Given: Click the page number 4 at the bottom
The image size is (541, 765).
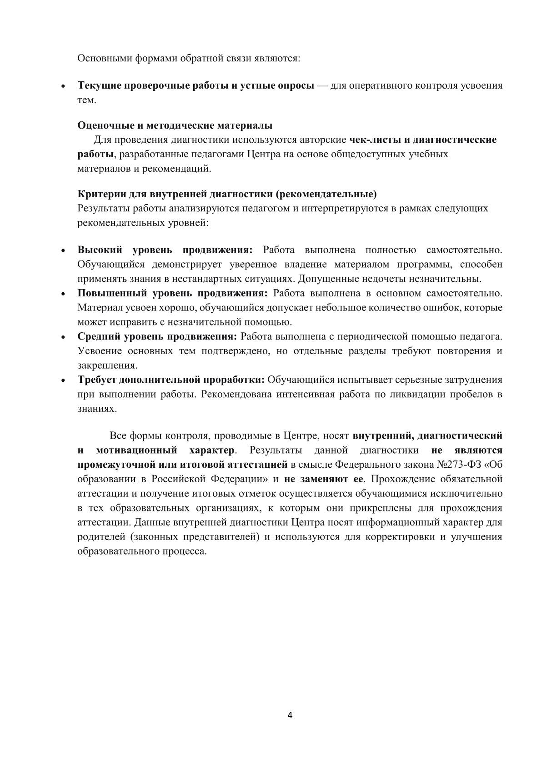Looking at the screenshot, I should coord(290,716).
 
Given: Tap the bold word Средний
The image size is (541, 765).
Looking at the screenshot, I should coord(98,337).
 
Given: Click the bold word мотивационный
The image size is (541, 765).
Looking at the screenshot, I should coord(137,450).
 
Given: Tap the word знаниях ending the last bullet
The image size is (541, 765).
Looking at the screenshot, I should coord(91,409).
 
